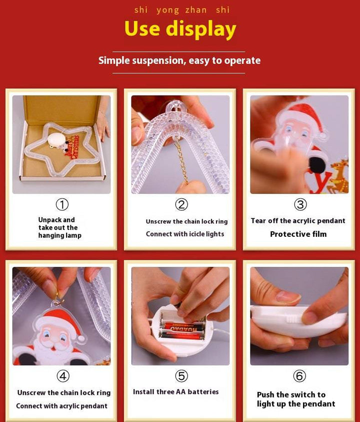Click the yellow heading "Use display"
click(x=180, y=29)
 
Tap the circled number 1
click(x=62, y=205)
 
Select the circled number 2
click(x=181, y=205)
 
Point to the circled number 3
click(x=300, y=205)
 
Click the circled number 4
click(x=63, y=376)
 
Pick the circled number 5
click(x=181, y=376)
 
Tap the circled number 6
click(x=299, y=376)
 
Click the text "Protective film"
click(x=298, y=234)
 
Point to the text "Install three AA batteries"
click(x=176, y=392)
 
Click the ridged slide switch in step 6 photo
click(x=293, y=320)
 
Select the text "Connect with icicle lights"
click(x=185, y=234)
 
